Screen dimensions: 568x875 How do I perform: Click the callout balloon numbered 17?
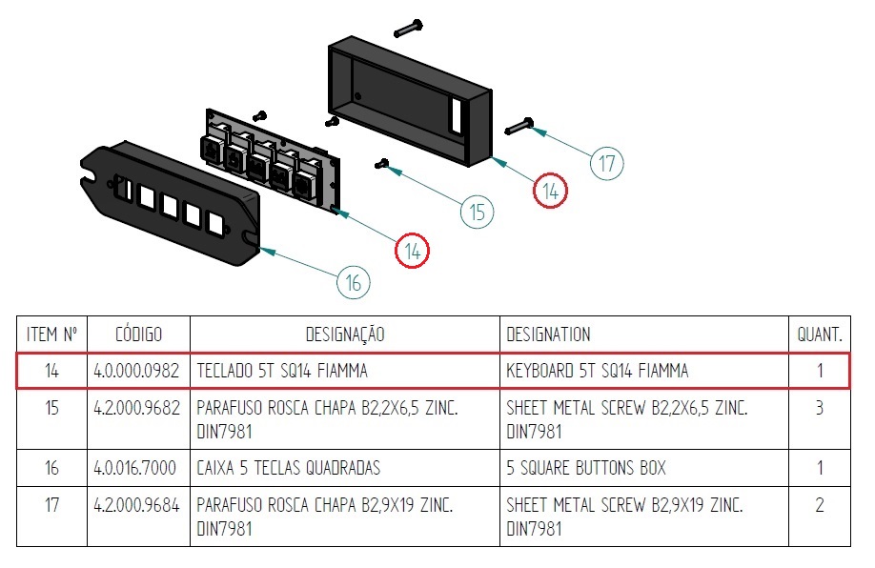click(607, 163)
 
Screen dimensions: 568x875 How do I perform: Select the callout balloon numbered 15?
click(478, 211)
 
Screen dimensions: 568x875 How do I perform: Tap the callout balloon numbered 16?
click(353, 282)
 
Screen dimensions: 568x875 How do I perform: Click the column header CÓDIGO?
click(138, 335)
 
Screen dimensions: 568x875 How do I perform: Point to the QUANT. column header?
click(820, 335)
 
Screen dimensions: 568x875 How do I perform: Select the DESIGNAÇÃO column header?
click(345, 335)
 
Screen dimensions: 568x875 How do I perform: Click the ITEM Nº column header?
click(51, 335)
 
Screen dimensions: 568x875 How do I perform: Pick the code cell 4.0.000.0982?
click(138, 371)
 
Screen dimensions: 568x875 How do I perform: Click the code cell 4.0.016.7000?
click(138, 468)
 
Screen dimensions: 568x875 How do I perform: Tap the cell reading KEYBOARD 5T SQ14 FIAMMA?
click(597, 371)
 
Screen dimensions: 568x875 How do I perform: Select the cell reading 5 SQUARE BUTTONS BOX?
click(586, 468)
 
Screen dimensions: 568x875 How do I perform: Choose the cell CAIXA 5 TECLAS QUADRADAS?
click(289, 468)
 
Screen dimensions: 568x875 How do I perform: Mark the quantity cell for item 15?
click(820, 408)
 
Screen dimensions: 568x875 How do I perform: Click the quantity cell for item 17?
click(820, 505)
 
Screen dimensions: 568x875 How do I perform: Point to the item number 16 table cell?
click(51, 468)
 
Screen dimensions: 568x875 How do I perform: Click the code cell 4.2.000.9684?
click(138, 505)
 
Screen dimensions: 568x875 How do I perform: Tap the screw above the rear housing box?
click(407, 28)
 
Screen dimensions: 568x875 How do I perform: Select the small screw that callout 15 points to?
click(383, 163)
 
